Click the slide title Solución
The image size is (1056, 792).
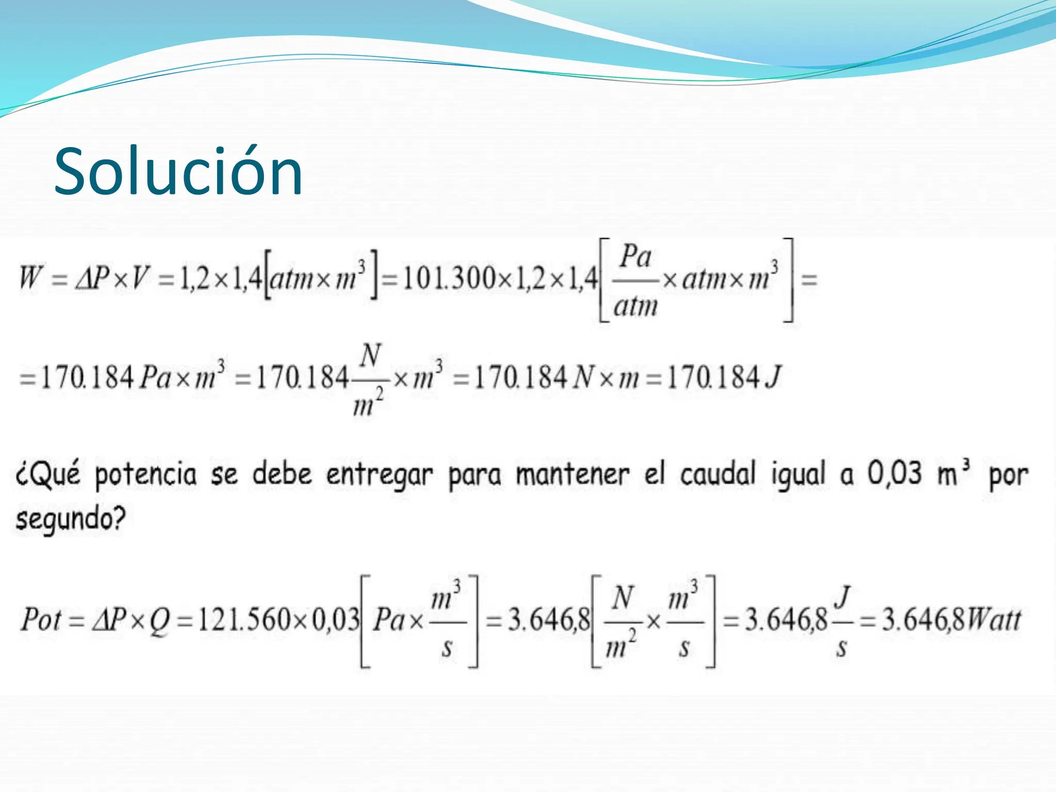(178, 171)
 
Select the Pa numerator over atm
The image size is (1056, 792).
(636, 257)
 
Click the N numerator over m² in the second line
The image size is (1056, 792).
(370, 355)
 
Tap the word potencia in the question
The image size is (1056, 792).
(146, 475)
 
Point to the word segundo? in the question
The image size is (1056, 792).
(71, 519)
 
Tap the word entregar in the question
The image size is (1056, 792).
(379, 475)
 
